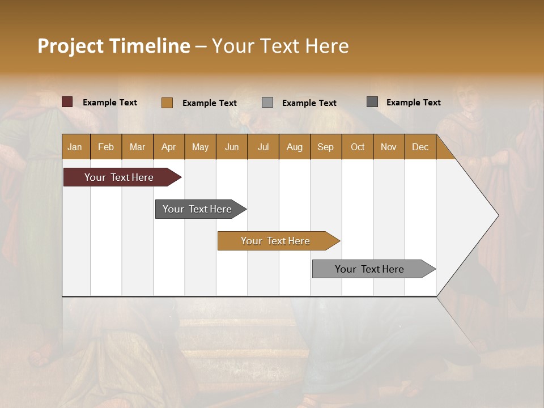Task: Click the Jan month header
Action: (75, 147)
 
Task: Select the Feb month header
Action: (106, 147)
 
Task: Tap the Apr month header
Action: (168, 147)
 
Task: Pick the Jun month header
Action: (232, 147)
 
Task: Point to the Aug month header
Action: (294, 147)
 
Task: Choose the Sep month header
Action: (325, 147)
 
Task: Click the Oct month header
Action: (358, 147)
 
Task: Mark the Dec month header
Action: (420, 147)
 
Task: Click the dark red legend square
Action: (67, 102)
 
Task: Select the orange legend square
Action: (167, 103)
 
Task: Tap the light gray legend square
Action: (267, 103)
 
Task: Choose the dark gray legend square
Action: (372, 102)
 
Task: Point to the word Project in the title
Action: (70, 46)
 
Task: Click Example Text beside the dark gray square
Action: (413, 103)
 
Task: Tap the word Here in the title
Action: (327, 46)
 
